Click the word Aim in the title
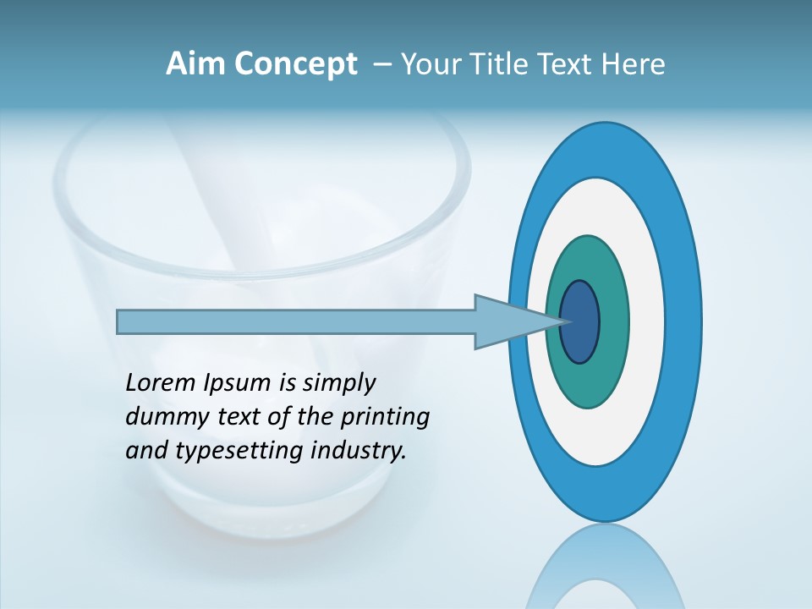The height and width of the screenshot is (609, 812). (195, 63)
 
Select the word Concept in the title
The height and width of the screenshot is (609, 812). (295, 64)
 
